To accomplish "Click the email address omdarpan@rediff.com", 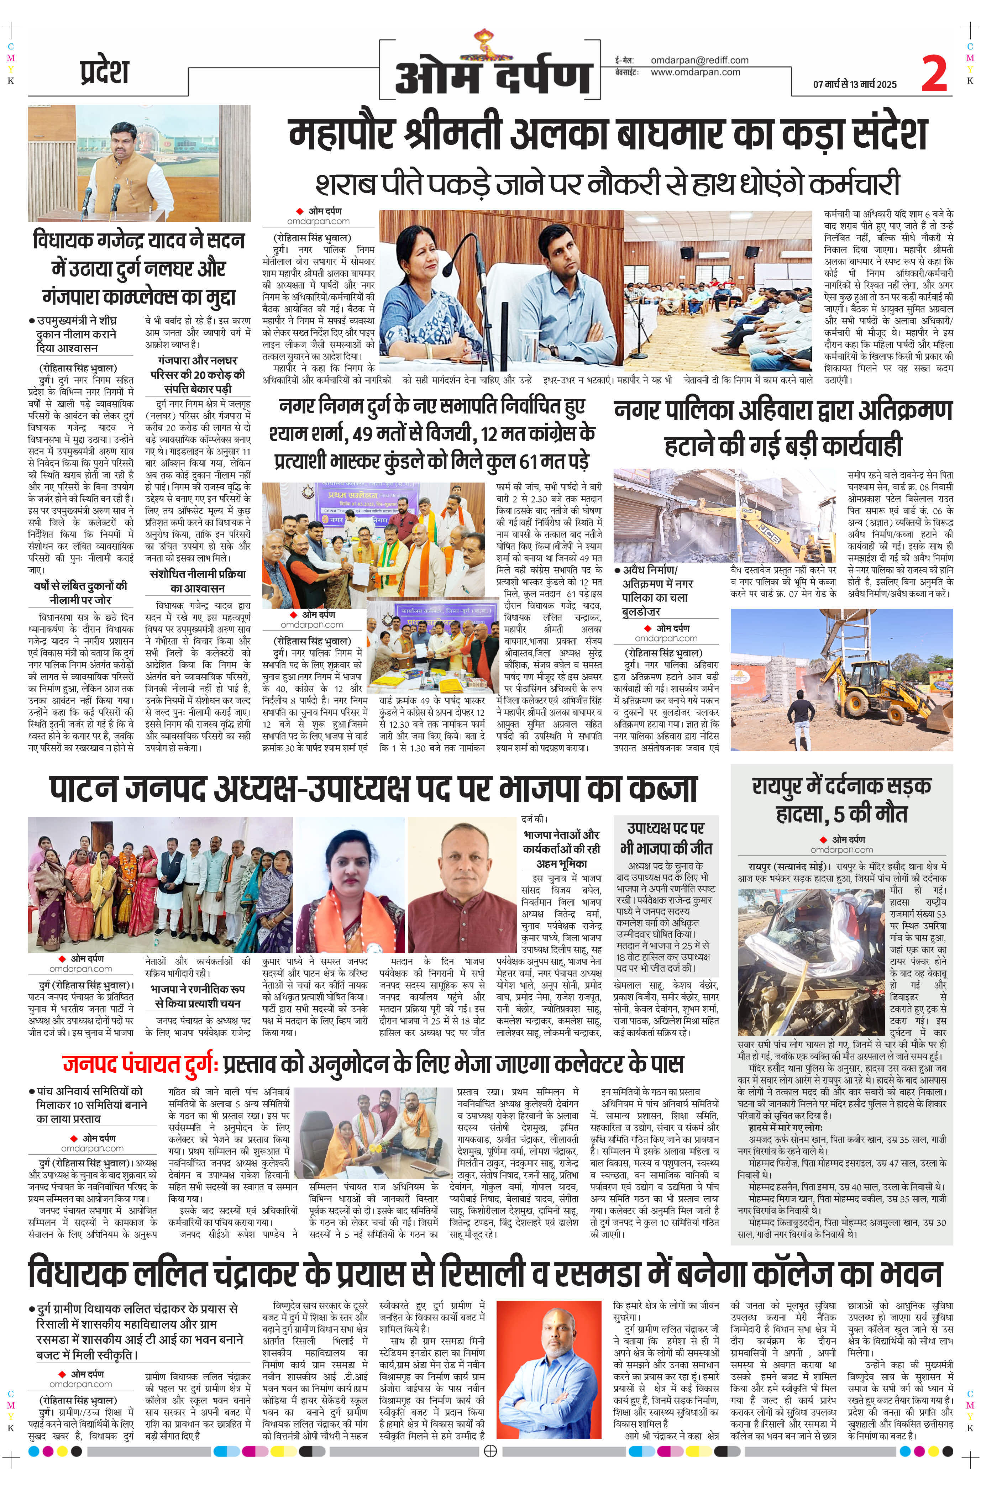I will (x=699, y=60).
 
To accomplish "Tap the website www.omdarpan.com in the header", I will (x=695, y=72).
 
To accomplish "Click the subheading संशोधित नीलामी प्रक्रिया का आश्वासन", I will (x=198, y=580).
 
